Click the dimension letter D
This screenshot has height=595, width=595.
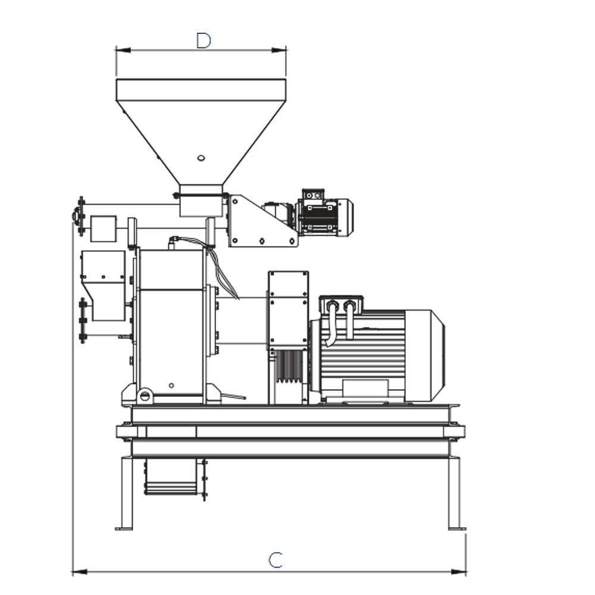click(x=203, y=40)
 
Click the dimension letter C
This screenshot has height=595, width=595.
click(x=276, y=560)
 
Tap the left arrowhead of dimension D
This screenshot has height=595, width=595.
click(x=123, y=50)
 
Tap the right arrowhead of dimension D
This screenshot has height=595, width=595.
click(x=279, y=50)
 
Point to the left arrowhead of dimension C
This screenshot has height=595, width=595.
click(x=80, y=571)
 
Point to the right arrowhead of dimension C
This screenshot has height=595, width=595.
click(x=458, y=571)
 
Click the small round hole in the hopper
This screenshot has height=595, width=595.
click(x=201, y=158)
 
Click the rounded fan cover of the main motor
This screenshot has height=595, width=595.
click(x=425, y=356)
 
